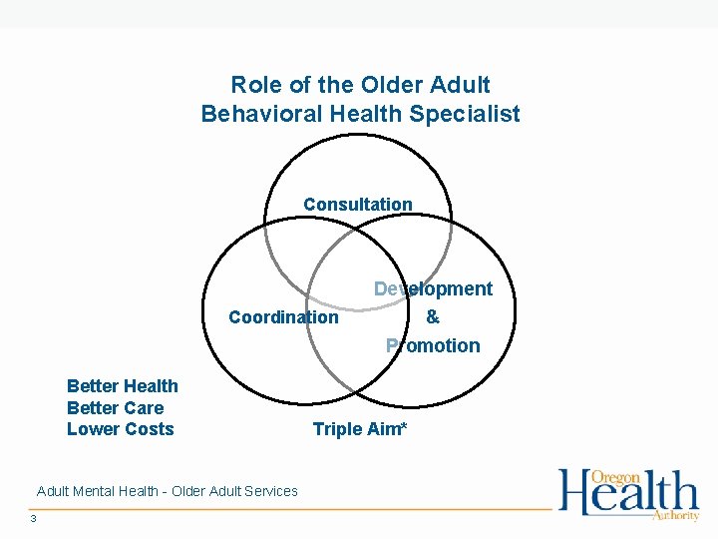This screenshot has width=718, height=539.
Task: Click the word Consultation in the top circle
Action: pos(357,205)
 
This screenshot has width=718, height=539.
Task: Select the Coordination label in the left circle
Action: pos(283,317)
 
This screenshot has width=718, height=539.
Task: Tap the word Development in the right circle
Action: pos(433,288)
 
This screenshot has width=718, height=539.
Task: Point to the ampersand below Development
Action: pos(432,317)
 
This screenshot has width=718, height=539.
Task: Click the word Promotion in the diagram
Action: pos(433,346)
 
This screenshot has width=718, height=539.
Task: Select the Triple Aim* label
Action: pos(360,429)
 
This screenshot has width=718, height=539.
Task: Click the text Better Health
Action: pos(122,386)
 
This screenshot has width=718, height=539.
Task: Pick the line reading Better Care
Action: pos(115,408)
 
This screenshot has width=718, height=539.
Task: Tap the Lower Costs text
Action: pos(120,429)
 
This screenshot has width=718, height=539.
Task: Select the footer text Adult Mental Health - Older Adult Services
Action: pos(167,491)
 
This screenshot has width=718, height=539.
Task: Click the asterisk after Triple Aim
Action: pos(404,426)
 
